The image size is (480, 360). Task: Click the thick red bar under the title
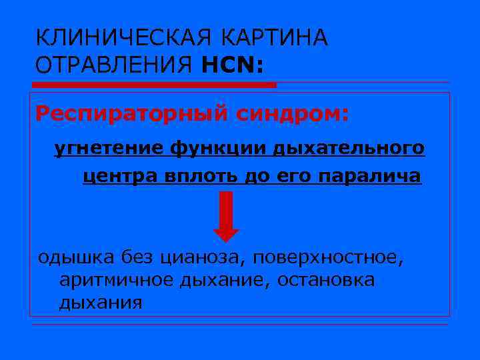pyautogui.click(x=155, y=85)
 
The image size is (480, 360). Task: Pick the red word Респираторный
pyautogui.click(x=131, y=114)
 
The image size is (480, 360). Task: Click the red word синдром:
pyautogui.click(x=291, y=114)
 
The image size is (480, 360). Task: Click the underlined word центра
pyautogui.click(x=116, y=177)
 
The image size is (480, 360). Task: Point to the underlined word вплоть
pyautogui.click(x=198, y=177)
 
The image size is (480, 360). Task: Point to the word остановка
pyautogui.click(x=323, y=281)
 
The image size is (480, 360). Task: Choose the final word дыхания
pyautogui.click(x=100, y=304)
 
